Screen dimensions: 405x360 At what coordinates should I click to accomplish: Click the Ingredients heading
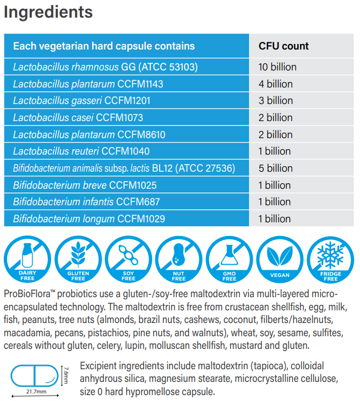point(48,12)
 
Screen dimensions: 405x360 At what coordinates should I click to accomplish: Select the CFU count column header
point(283,46)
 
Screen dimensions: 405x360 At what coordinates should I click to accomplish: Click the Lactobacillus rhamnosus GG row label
point(105,67)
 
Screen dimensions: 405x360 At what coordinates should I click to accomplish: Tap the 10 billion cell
point(277,67)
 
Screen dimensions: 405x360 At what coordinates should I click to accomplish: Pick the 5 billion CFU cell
point(275,168)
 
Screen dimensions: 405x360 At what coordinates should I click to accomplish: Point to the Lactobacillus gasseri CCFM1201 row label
point(81,101)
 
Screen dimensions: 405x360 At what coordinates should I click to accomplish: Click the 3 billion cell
point(275,101)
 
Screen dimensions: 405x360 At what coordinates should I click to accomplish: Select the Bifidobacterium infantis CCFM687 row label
point(86,201)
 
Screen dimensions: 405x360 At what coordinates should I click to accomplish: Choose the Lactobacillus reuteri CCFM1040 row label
point(81,151)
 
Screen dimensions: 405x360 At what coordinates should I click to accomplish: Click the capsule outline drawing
point(34,376)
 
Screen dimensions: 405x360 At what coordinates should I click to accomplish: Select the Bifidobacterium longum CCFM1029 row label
point(89,218)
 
